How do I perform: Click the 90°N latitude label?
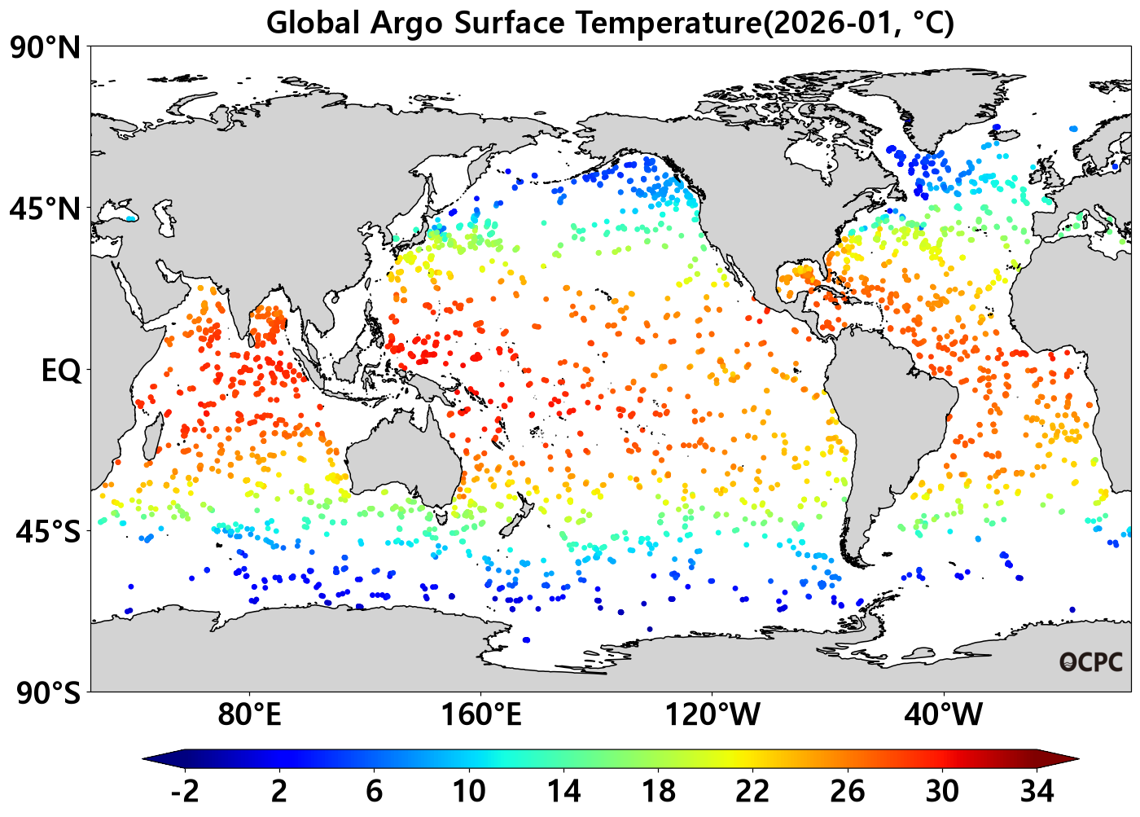tap(46, 48)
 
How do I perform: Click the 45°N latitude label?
tap(46, 209)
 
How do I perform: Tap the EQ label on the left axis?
tap(61, 371)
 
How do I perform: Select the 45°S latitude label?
tap(48, 532)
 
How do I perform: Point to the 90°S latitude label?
tap(48, 693)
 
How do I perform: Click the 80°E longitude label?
tap(249, 714)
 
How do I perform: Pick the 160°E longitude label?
tap(481, 714)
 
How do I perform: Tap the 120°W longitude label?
tap(712, 714)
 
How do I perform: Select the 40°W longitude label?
tap(944, 714)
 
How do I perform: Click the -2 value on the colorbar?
tap(185, 792)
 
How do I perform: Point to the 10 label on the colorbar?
tap(469, 792)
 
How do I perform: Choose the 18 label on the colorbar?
tap(659, 792)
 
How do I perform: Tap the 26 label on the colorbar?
tap(848, 792)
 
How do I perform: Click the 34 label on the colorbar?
tap(1037, 792)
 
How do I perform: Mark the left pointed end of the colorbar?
tap(143, 759)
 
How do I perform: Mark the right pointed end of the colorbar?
tap(1079, 759)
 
